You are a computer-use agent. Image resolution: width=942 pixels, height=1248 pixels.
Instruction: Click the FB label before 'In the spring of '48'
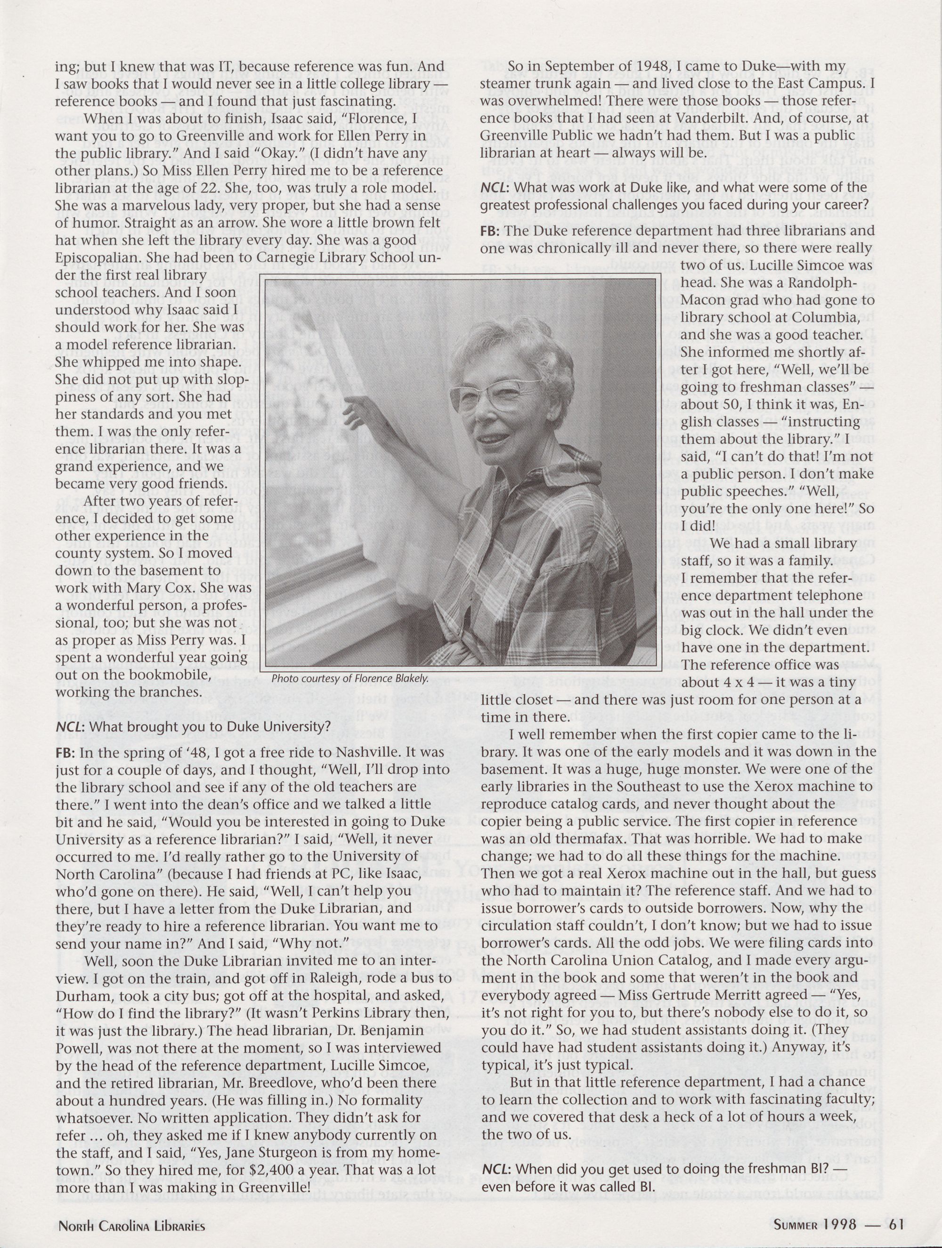click(x=65, y=754)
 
